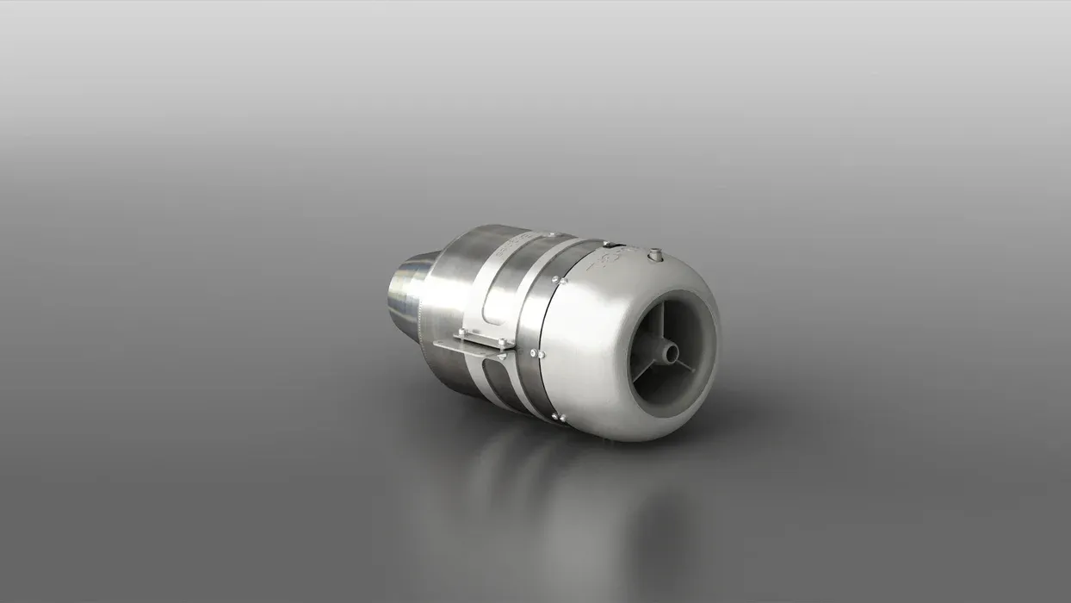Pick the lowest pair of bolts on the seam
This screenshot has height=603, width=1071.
pos(558,418)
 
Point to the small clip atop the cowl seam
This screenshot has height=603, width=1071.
pos(606,245)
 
